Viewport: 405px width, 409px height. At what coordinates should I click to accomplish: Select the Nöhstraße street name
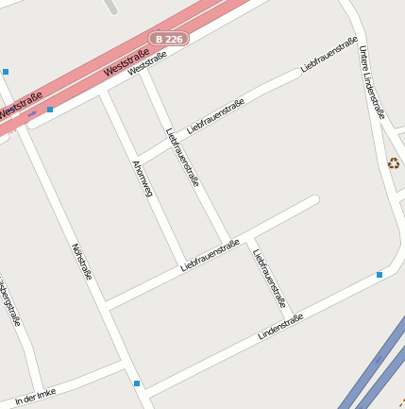(x=82, y=262)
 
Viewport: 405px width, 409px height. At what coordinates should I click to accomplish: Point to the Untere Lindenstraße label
(x=372, y=82)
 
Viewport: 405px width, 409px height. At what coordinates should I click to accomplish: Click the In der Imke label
(x=36, y=395)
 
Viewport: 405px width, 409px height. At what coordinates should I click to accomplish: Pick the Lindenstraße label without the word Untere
(x=280, y=327)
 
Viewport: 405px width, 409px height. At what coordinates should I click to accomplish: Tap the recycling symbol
(x=394, y=163)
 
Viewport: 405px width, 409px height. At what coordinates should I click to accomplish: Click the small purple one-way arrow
(x=33, y=113)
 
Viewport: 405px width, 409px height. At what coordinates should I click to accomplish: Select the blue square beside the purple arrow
(x=50, y=110)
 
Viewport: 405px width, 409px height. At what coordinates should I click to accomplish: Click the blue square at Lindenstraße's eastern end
(x=380, y=275)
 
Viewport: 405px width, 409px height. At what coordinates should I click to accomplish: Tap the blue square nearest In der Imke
(x=137, y=383)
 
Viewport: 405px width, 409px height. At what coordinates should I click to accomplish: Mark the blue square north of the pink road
(x=6, y=72)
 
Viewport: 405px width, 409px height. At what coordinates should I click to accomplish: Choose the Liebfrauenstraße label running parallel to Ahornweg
(x=183, y=158)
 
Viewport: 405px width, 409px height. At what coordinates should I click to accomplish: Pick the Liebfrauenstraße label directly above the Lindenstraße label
(x=269, y=278)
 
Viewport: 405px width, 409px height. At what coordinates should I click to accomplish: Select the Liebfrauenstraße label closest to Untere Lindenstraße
(x=329, y=55)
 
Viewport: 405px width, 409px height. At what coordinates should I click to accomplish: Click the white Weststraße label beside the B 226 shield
(x=147, y=63)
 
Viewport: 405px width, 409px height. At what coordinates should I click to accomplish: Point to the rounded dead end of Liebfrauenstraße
(x=314, y=199)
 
